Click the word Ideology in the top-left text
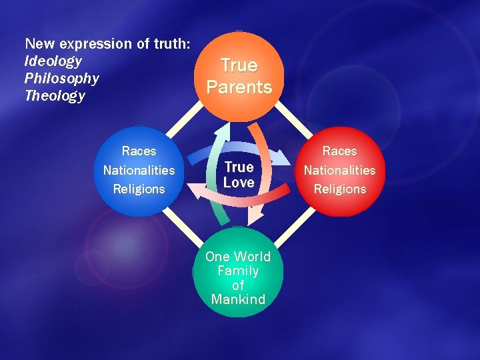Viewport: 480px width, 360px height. click(53, 61)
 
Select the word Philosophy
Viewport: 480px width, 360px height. click(61, 79)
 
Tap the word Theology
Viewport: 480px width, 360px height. click(55, 96)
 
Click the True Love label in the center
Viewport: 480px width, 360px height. click(239, 175)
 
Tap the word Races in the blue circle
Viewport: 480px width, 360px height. click(139, 151)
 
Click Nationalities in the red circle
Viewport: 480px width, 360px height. click(339, 170)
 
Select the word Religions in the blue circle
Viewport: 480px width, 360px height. click(139, 189)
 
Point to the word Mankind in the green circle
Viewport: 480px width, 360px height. click(238, 299)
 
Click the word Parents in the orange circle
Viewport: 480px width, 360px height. click(239, 87)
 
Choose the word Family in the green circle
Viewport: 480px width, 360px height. click(238, 271)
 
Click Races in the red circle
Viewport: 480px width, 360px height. click(339, 151)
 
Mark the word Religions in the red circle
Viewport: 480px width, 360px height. click(339, 189)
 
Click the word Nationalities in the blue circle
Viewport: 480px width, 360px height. click(139, 170)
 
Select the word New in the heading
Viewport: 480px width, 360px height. click(37, 44)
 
